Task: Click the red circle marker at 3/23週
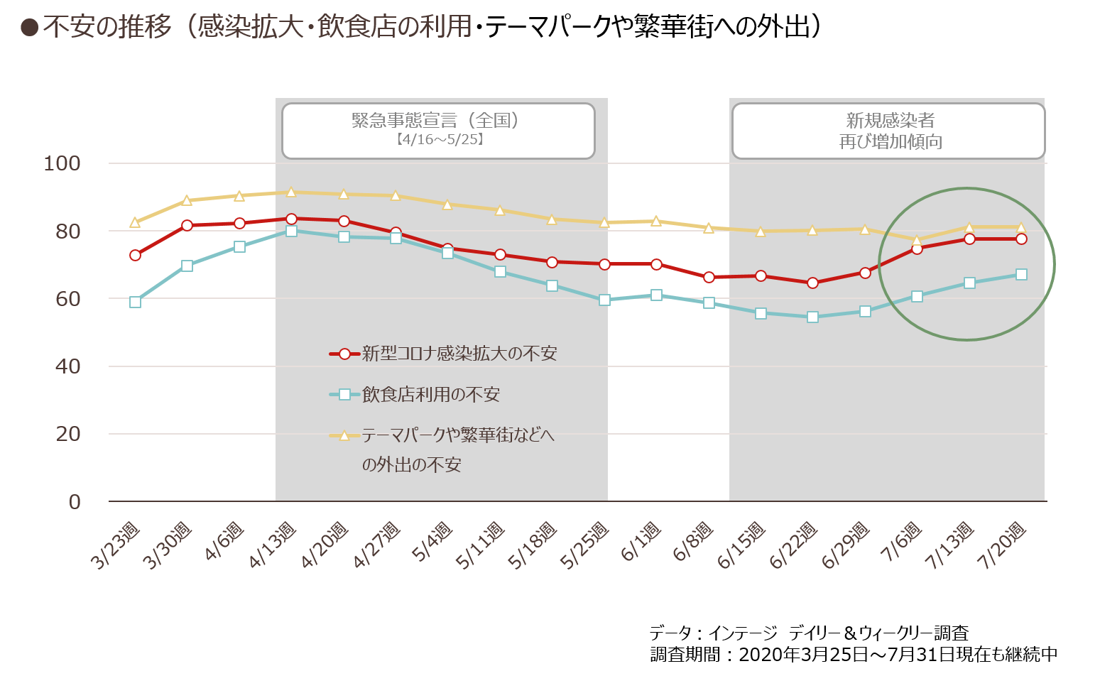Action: [135, 256]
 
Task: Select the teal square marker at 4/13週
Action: [291, 231]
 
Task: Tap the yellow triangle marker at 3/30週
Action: [187, 200]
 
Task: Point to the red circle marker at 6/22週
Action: [812, 283]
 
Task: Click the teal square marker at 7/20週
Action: [1021, 274]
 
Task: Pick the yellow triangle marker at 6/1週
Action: [656, 222]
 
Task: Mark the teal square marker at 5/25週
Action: [604, 300]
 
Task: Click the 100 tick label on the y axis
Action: [62, 163]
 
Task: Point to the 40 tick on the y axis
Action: [67, 366]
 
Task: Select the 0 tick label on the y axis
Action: [74, 502]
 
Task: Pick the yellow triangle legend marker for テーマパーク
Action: [344, 435]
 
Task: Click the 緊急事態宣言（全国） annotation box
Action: [439, 131]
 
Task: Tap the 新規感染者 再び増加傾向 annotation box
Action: [888, 131]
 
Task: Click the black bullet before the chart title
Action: [29, 28]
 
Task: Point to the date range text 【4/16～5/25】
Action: [440, 139]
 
